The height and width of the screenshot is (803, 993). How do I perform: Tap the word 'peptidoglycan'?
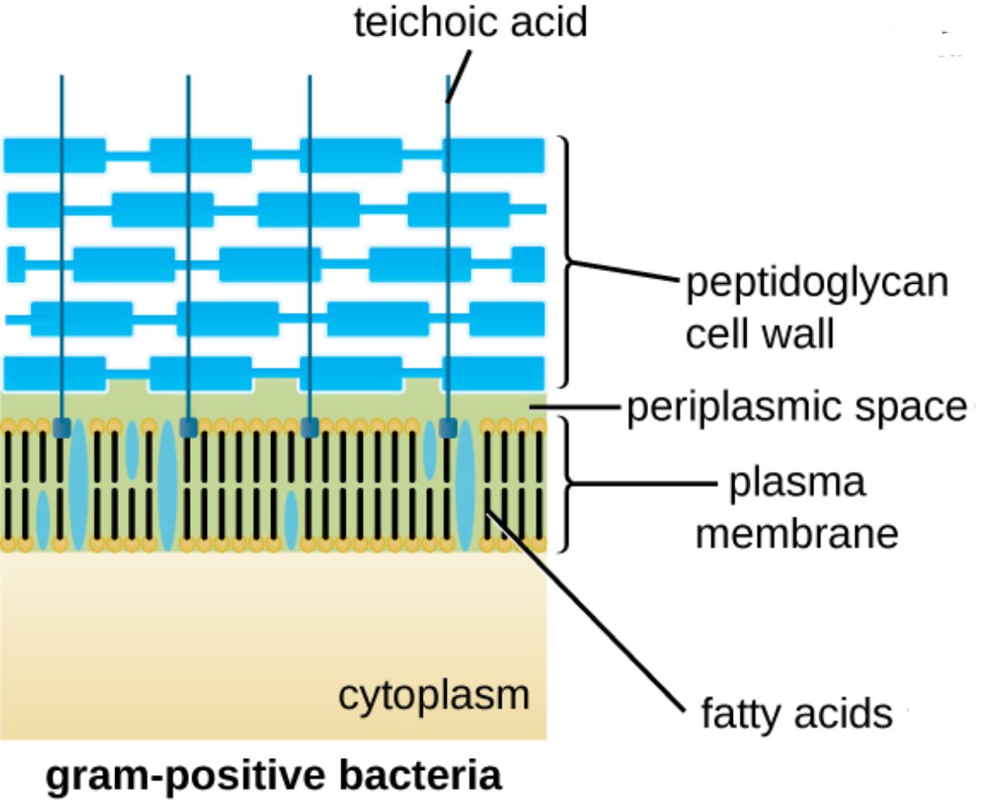(x=816, y=285)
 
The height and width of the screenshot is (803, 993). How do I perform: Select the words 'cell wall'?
(x=760, y=334)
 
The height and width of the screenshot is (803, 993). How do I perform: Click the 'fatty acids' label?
(x=797, y=714)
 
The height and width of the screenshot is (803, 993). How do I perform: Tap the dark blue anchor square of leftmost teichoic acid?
(x=61, y=428)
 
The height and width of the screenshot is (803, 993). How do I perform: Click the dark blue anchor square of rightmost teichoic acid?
(x=447, y=428)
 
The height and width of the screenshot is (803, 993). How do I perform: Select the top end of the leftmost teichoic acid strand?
(x=61, y=79)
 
